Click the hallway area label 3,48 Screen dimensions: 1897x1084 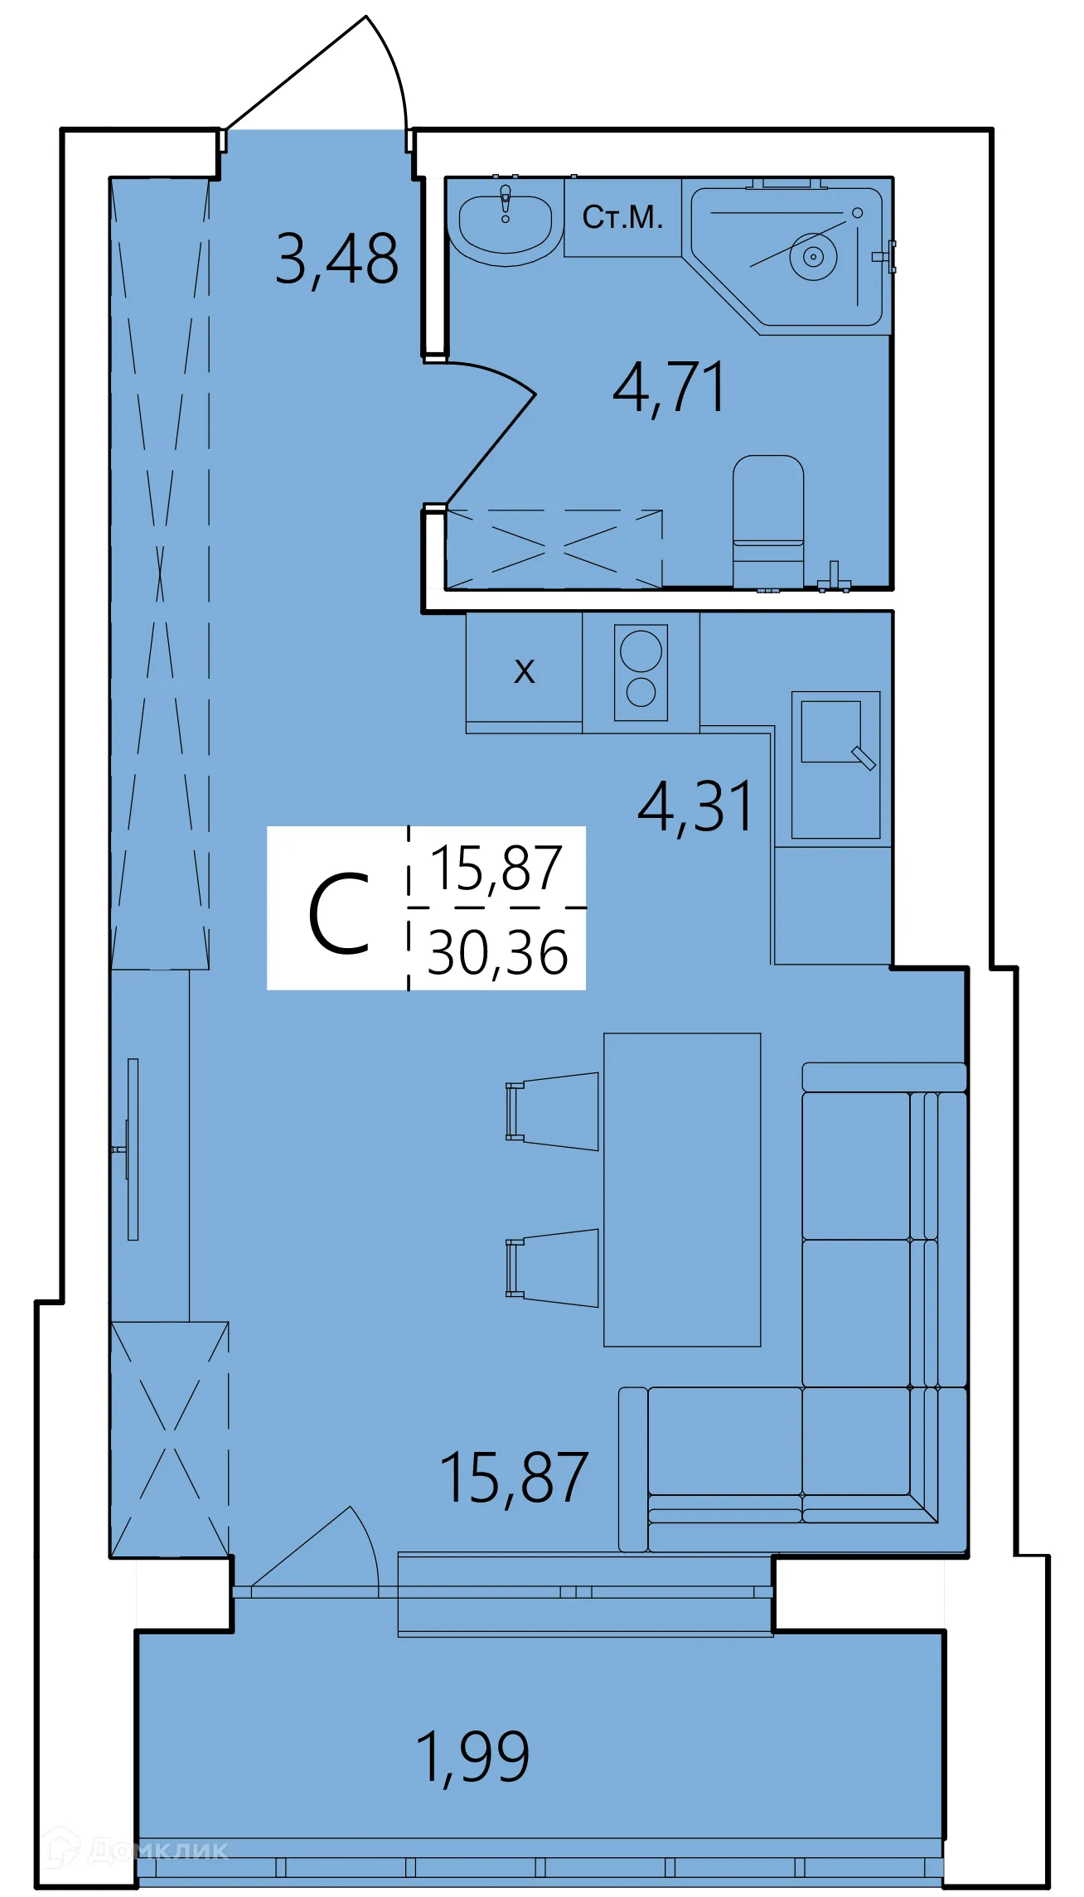click(x=336, y=259)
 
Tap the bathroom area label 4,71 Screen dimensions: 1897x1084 click(x=669, y=388)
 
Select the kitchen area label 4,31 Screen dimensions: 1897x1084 click(x=695, y=807)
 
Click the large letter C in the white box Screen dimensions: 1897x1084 click(x=338, y=914)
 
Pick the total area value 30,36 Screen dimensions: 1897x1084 click(x=497, y=953)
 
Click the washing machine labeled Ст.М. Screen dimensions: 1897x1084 click(x=622, y=217)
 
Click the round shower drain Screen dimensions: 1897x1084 click(x=813, y=257)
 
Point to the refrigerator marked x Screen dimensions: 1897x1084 click(x=524, y=670)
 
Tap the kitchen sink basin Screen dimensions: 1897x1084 click(x=831, y=732)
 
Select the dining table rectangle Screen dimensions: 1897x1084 click(x=682, y=1189)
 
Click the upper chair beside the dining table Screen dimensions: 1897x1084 click(x=555, y=1111)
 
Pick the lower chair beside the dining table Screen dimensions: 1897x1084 click(x=555, y=1268)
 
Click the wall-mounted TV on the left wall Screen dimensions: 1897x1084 click(x=132, y=1149)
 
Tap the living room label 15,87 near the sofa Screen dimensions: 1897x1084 click(x=514, y=1478)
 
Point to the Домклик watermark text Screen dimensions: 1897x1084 click(x=157, y=1851)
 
